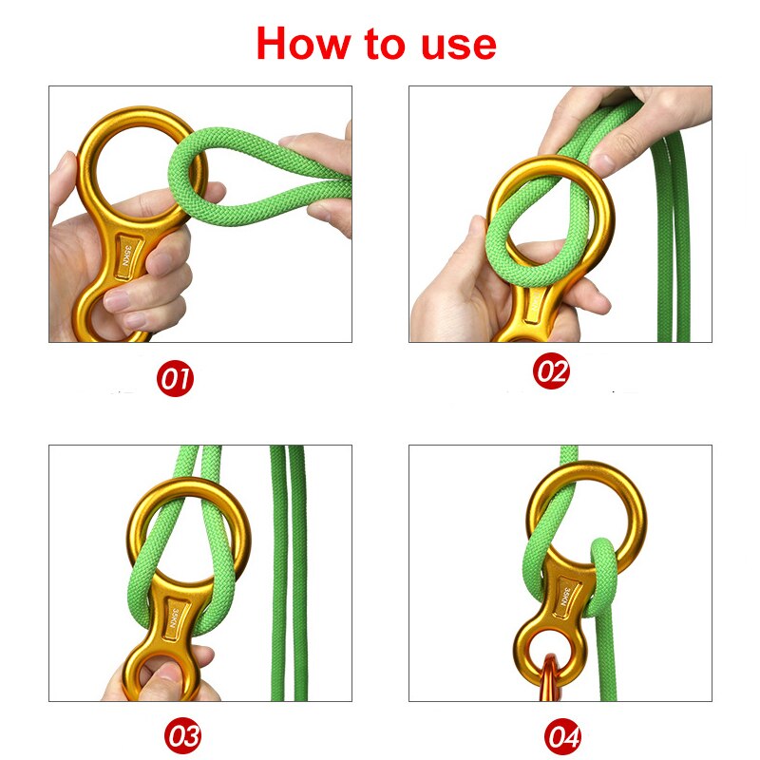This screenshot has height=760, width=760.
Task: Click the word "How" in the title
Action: tap(302, 44)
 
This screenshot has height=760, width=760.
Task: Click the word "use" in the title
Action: tap(454, 44)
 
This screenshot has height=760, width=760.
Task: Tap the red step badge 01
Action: tap(175, 380)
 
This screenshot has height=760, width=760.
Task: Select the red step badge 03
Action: tap(183, 735)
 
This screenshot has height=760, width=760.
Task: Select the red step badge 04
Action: tap(562, 736)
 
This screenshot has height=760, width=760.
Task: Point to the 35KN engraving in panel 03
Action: tap(174, 613)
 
